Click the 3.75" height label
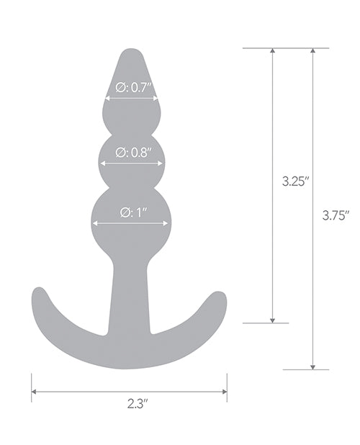coord(336,214)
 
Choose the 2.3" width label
coord(130,405)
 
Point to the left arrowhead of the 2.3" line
coord(34,392)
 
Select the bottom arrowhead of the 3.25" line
coord(272,320)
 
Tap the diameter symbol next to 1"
coord(123,212)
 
